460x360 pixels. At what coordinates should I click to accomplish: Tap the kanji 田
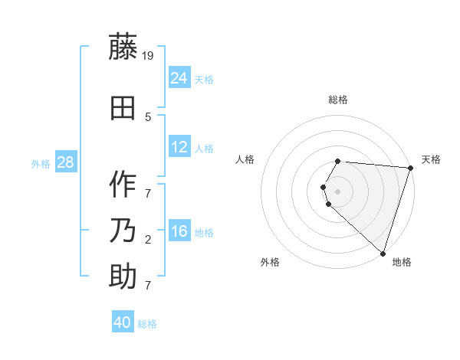123,108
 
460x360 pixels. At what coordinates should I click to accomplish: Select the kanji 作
123,185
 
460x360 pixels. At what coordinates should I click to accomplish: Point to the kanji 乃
123,231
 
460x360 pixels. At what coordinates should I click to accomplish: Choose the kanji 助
123,277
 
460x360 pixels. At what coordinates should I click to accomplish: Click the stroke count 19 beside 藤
149,55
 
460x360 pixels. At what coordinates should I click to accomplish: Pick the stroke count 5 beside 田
148,117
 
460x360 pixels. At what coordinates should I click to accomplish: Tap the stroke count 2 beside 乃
148,240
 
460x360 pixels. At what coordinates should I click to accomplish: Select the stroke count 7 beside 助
148,286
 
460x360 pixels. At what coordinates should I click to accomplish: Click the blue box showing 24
179,77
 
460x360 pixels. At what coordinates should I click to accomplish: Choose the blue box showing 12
179,147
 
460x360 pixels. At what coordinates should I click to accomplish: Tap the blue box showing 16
179,231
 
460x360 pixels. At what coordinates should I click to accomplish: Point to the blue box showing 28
65,162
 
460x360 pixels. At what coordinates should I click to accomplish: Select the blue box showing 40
123,322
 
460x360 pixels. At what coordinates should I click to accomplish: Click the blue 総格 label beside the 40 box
147,324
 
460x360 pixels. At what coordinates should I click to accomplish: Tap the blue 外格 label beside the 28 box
41,163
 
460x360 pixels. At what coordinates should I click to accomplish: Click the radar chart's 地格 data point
383,253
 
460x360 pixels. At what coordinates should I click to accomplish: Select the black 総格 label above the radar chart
338,100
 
